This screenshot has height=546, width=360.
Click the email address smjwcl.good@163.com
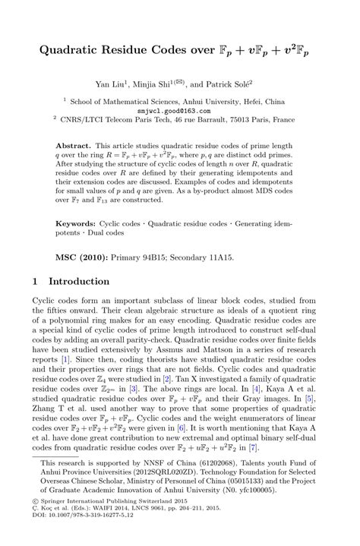pos(179,110)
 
